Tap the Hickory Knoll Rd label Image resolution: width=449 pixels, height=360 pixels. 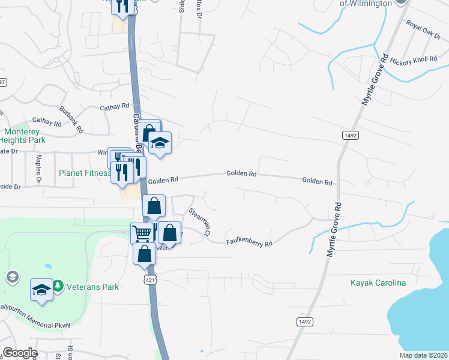417,61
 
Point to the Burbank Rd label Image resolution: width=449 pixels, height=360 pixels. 71,116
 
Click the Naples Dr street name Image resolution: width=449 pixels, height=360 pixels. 38,168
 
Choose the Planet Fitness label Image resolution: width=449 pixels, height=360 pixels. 85,173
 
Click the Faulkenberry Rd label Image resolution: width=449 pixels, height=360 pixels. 249,243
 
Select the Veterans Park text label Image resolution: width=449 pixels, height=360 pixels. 92,287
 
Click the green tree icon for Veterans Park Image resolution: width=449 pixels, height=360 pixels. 58,286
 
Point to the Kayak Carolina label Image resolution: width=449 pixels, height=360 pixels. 378,283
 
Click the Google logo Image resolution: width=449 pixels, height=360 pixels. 19,353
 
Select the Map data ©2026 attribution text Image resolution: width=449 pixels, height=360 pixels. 423,355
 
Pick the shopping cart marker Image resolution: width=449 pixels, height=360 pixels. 142,233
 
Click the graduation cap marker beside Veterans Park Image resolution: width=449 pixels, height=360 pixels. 41,289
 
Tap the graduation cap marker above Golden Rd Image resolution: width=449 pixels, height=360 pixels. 160,143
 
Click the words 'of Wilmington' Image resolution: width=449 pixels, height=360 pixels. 366,3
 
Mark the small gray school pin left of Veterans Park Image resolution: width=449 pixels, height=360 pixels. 11,277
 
